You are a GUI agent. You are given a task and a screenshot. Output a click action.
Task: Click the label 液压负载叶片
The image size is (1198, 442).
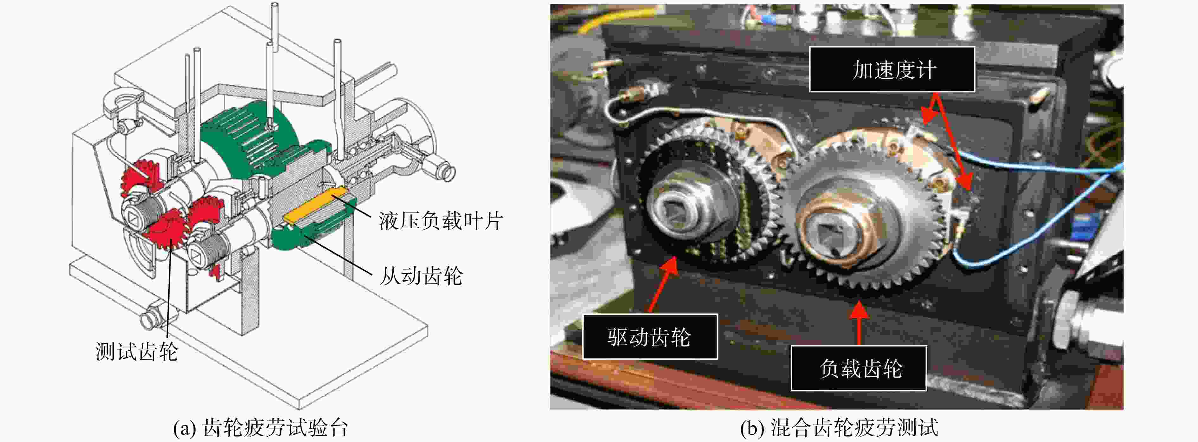tap(441, 221)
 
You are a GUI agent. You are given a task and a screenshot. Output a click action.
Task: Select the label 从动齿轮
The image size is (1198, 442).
tap(421, 276)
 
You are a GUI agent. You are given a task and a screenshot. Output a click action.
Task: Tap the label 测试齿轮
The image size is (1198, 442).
tap(137, 351)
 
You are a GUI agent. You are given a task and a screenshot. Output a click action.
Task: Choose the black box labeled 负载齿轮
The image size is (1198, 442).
tap(859, 368)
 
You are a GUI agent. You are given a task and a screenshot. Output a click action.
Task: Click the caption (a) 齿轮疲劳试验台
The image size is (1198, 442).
tap(261, 427)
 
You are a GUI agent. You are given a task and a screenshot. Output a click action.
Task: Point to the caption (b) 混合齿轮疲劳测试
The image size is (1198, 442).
tap(839, 427)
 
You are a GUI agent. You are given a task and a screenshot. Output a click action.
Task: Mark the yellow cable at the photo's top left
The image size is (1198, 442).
tap(577, 23)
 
